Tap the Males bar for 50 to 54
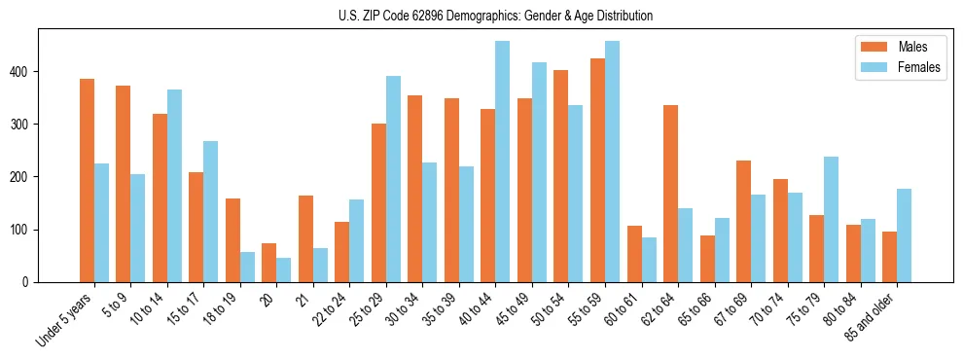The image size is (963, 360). [x=561, y=176]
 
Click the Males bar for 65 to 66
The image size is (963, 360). [x=707, y=259]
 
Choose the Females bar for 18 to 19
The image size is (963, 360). [x=247, y=268]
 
